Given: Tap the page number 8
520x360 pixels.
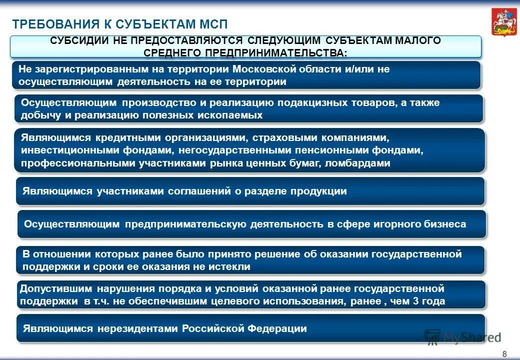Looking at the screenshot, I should point(504,354).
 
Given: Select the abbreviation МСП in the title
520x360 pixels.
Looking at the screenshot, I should point(210,24).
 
